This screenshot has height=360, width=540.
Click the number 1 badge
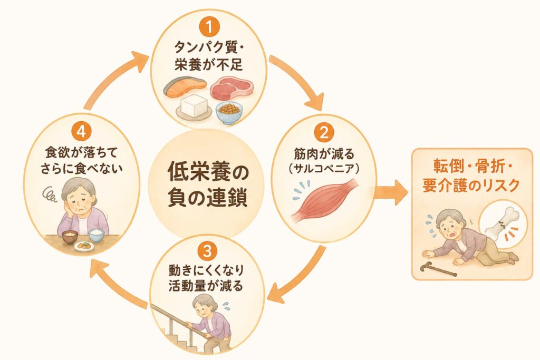click(x=209, y=27)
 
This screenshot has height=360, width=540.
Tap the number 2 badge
click(x=324, y=133)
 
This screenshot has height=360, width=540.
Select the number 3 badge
click(x=207, y=251)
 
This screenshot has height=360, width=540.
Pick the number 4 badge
click(x=81, y=131)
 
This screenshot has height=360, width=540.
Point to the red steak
click(x=232, y=88)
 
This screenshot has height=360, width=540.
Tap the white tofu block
click(x=195, y=105)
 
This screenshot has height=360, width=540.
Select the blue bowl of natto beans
click(x=229, y=113)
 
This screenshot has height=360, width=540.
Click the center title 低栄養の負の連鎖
click(x=207, y=185)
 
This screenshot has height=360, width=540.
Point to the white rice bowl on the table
click(x=97, y=236)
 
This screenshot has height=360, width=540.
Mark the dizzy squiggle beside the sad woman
click(x=50, y=194)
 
